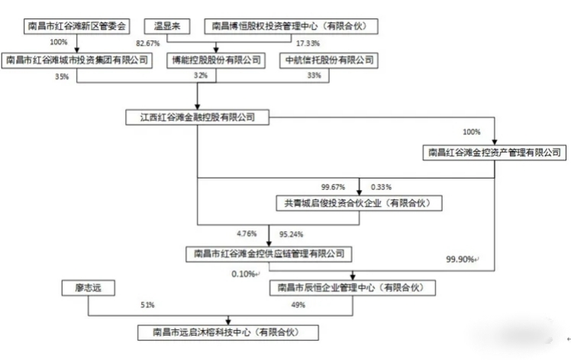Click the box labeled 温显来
(x=167, y=26)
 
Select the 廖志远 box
(x=88, y=288)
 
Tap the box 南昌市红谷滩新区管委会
(x=77, y=26)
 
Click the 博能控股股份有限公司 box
(x=216, y=60)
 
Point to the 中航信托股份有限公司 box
(x=329, y=60)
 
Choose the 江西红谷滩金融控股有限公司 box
(x=198, y=117)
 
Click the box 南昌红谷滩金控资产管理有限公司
(x=495, y=153)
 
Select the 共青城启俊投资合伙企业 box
(x=359, y=203)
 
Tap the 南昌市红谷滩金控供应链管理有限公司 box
(x=269, y=254)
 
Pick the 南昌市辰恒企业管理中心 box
(x=353, y=288)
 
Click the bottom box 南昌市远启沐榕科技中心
(x=228, y=333)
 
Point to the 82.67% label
(x=148, y=43)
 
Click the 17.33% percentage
(x=308, y=43)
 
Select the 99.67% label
(x=333, y=187)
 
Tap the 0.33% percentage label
(x=381, y=187)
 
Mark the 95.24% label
(x=291, y=234)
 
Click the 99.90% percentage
(x=460, y=259)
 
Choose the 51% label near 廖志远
(x=147, y=305)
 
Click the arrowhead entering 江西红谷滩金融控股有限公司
(x=198, y=107)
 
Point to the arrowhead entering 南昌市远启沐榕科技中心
(x=228, y=322)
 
